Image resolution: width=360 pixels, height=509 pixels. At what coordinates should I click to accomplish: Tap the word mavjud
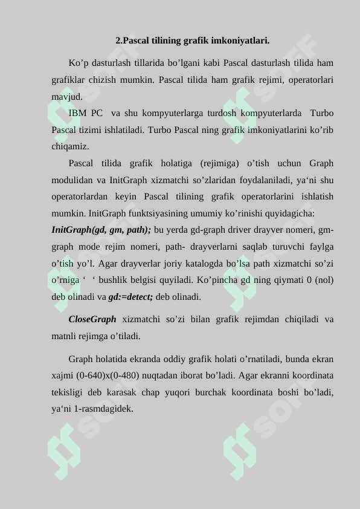(x=67, y=96)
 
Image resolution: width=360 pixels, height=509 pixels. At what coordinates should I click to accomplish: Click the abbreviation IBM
(x=77, y=113)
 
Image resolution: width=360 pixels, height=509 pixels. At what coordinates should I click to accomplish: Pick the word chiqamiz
(x=70, y=146)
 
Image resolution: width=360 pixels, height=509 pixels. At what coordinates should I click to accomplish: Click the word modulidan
(x=71, y=180)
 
